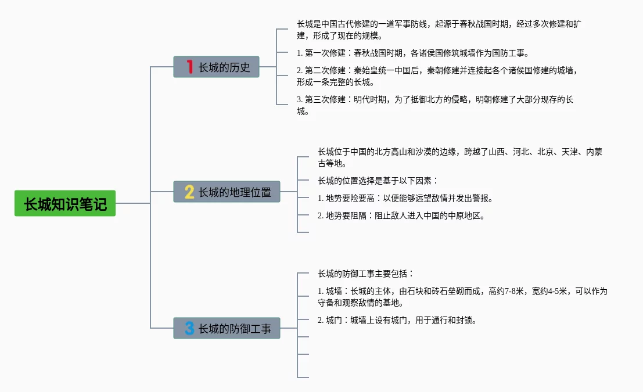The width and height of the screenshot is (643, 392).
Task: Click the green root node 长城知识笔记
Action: point(65,203)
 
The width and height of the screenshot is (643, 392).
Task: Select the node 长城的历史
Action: point(216,67)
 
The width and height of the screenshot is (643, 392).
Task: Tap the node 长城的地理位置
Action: point(227,192)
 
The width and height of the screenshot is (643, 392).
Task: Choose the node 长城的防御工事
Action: point(227,328)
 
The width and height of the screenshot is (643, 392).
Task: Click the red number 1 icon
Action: point(189,67)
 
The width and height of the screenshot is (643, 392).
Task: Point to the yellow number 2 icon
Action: point(189,192)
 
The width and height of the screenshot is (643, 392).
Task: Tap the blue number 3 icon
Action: point(189,328)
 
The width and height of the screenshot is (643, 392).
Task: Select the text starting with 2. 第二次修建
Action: point(437,76)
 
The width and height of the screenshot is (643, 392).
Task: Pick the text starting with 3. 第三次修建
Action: point(435,105)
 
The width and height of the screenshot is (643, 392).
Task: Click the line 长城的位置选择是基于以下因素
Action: point(378,181)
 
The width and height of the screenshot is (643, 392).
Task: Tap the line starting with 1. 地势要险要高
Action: point(405,198)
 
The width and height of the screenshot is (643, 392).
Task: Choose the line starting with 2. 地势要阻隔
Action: point(401,215)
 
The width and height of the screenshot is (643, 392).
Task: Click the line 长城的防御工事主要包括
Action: point(366,274)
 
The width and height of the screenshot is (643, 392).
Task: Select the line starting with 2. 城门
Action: point(397,320)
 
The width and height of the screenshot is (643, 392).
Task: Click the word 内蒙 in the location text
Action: point(594,152)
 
